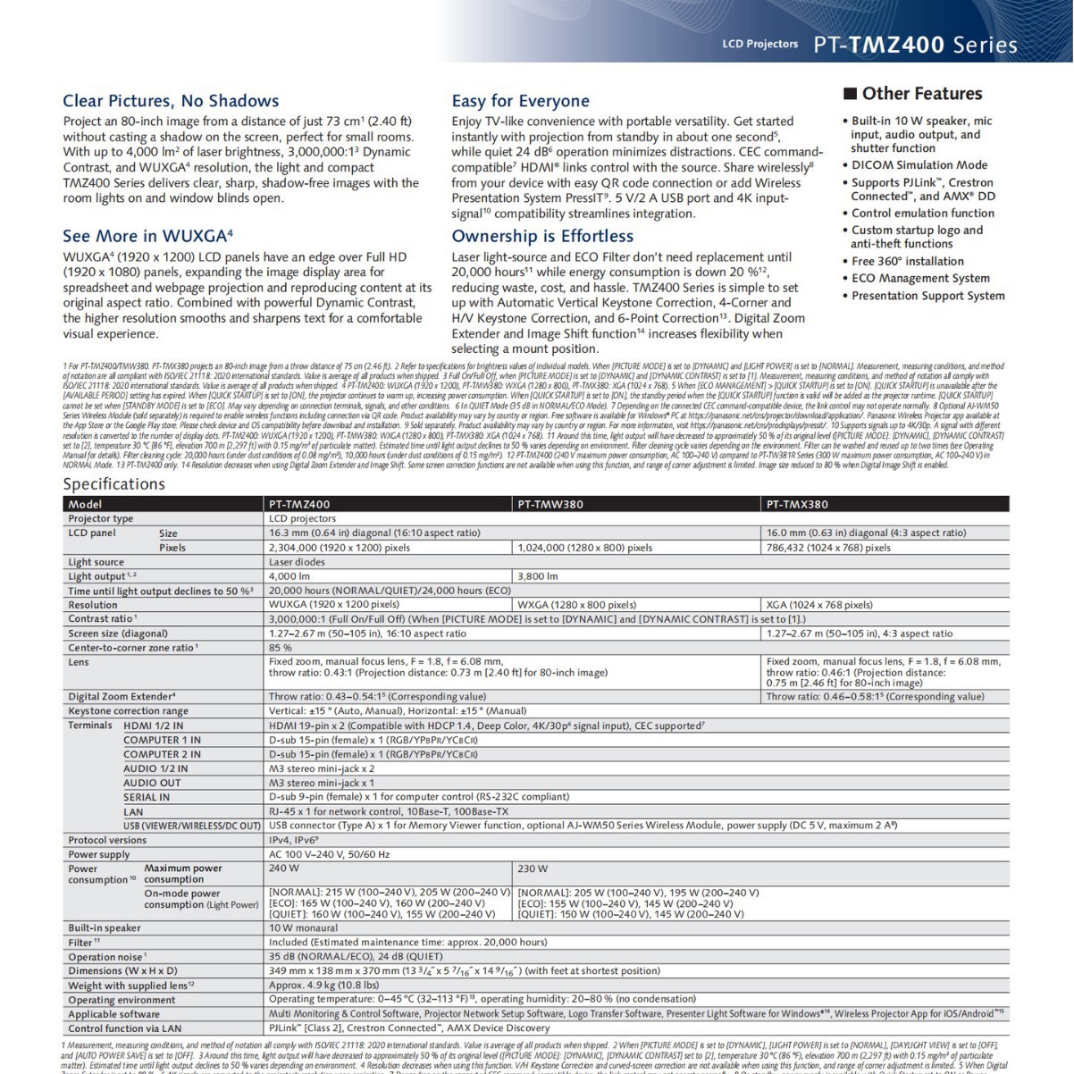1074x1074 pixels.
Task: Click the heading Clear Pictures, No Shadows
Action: [171, 101]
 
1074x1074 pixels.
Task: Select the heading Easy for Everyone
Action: [520, 101]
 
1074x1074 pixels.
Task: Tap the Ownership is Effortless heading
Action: [542, 236]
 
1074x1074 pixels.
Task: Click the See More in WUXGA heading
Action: [147, 236]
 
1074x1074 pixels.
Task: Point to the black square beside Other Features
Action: [851, 94]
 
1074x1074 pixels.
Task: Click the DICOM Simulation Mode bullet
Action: [919, 165]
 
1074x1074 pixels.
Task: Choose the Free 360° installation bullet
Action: [907, 261]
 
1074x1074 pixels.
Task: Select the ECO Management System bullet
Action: [919, 278]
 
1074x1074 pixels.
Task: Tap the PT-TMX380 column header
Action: [797, 504]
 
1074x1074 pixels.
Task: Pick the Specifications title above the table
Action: [113, 483]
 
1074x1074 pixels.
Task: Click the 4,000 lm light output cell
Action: [289, 576]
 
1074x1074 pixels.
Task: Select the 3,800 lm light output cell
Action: [538, 576]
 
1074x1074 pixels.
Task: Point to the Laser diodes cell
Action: [297, 562]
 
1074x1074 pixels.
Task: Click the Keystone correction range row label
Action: [128, 711]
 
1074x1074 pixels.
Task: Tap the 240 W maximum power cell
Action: [284, 868]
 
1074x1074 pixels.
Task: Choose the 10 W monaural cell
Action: [303, 927]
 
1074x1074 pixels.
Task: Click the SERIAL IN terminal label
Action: [147, 797]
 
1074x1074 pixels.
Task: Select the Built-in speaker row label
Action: [105, 927]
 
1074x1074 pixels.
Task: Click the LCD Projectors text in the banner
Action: [759, 44]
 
